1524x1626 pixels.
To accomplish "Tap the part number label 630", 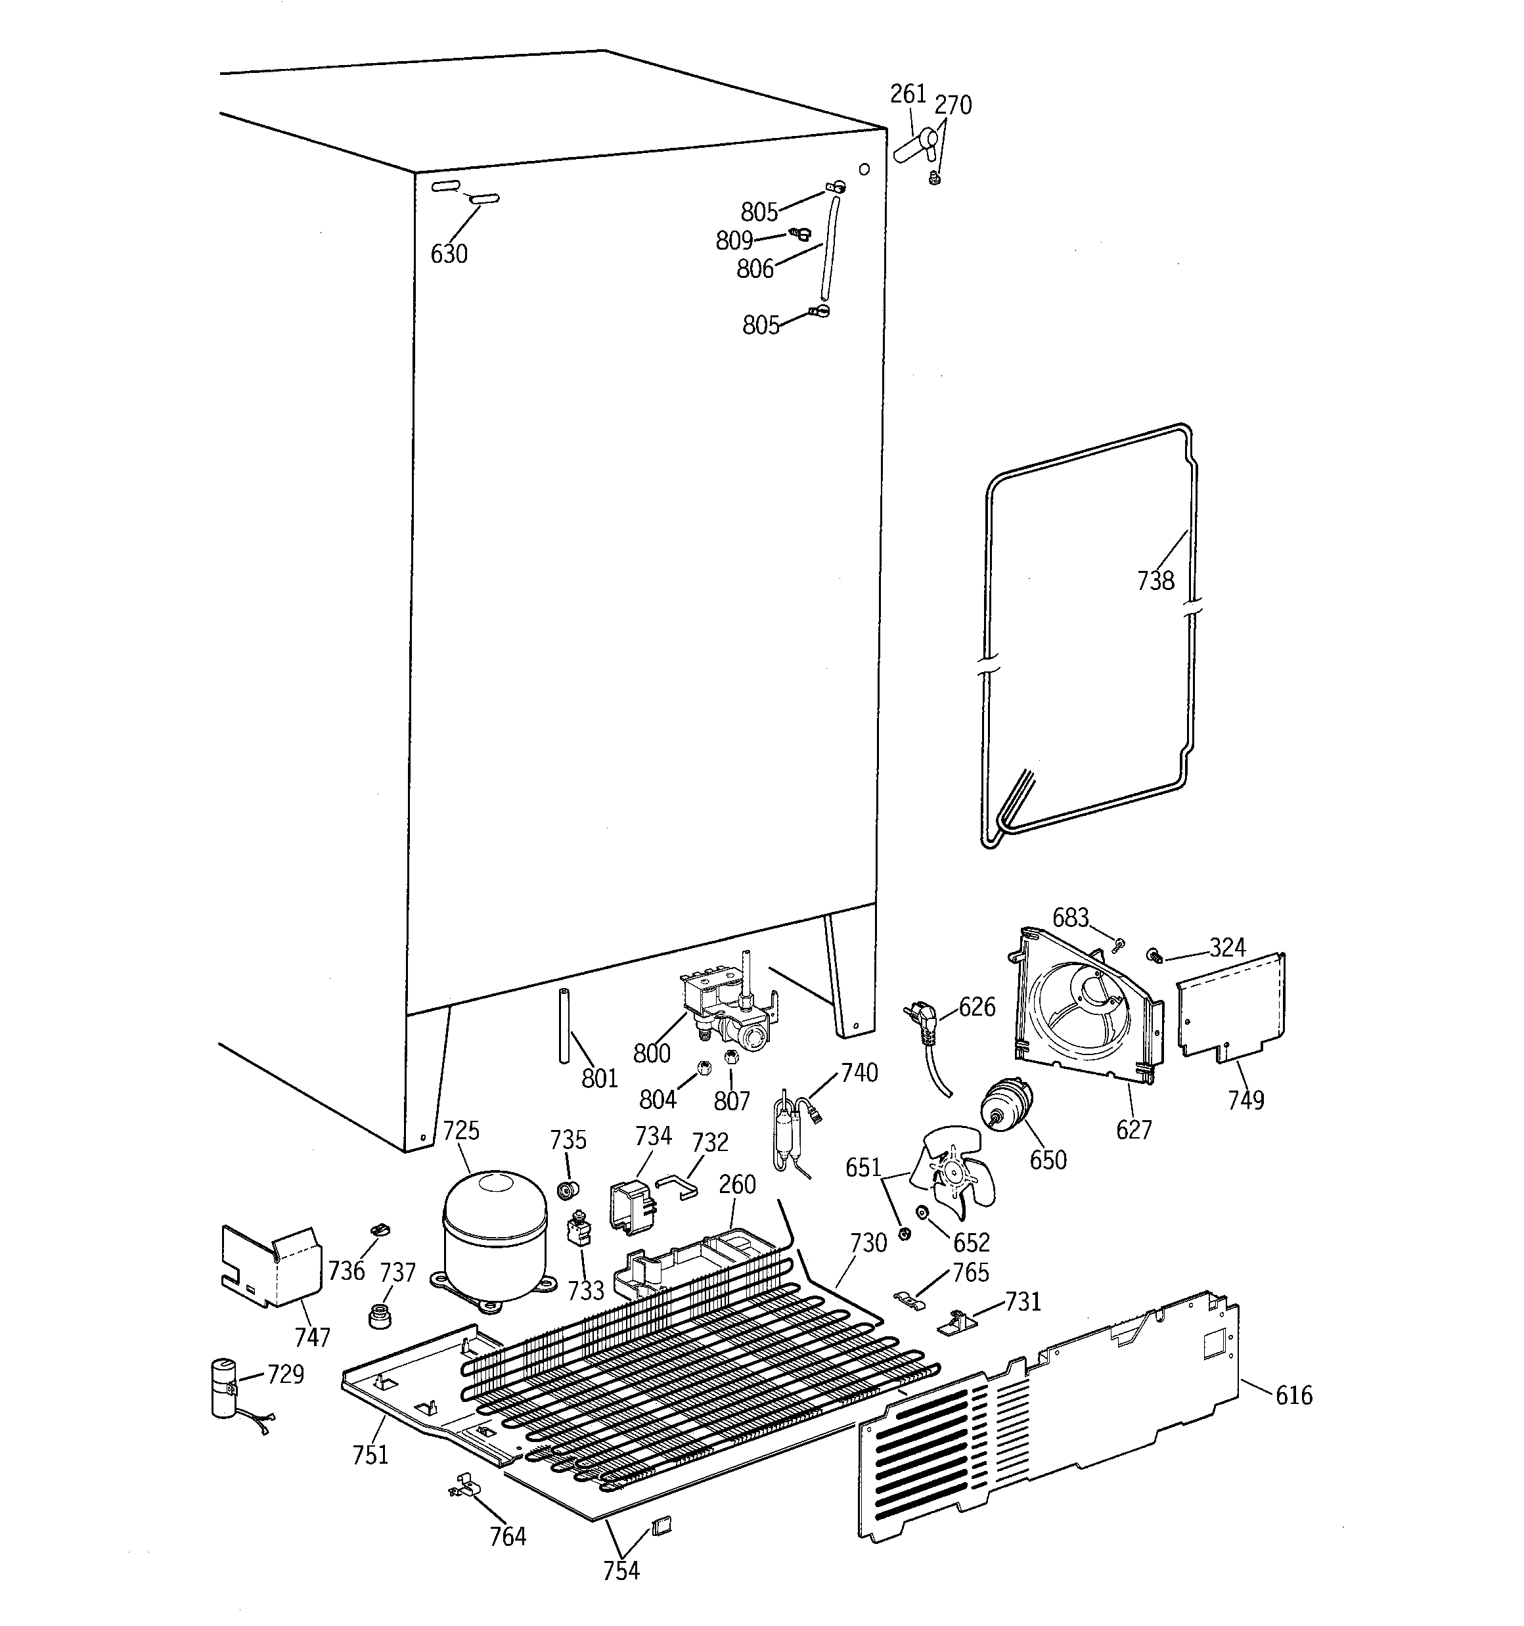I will pos(449,254).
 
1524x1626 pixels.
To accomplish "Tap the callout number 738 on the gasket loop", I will pos(1155,581).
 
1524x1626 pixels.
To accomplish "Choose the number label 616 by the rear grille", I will pos(1293,1395).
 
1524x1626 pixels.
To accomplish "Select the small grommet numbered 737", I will pos(379,1317).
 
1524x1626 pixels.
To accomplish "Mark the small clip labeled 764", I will pos(464,1485).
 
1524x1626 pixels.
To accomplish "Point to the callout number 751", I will pos(370,1455).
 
